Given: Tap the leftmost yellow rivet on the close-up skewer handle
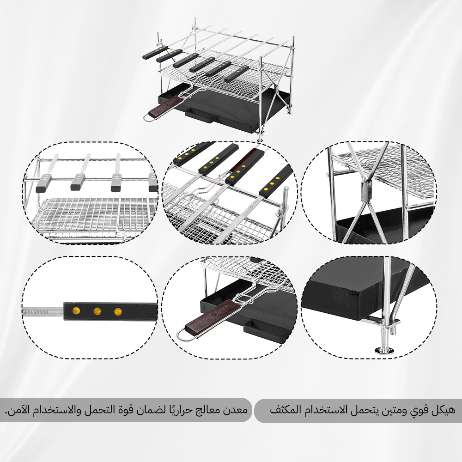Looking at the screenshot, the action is [x=76, y=310].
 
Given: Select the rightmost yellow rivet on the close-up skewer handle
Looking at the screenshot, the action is [x=118, y=311].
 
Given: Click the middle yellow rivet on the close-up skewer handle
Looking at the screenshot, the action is [x=97, y=310].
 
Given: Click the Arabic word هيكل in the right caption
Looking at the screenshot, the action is [x=444, y=410].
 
